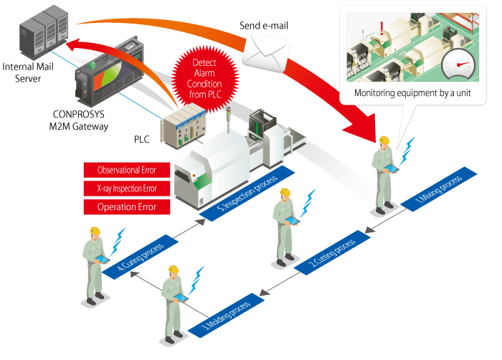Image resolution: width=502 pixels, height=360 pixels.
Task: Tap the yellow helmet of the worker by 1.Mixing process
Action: click(385, 140)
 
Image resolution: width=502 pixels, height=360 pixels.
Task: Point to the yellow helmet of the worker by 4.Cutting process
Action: click(94, 231)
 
